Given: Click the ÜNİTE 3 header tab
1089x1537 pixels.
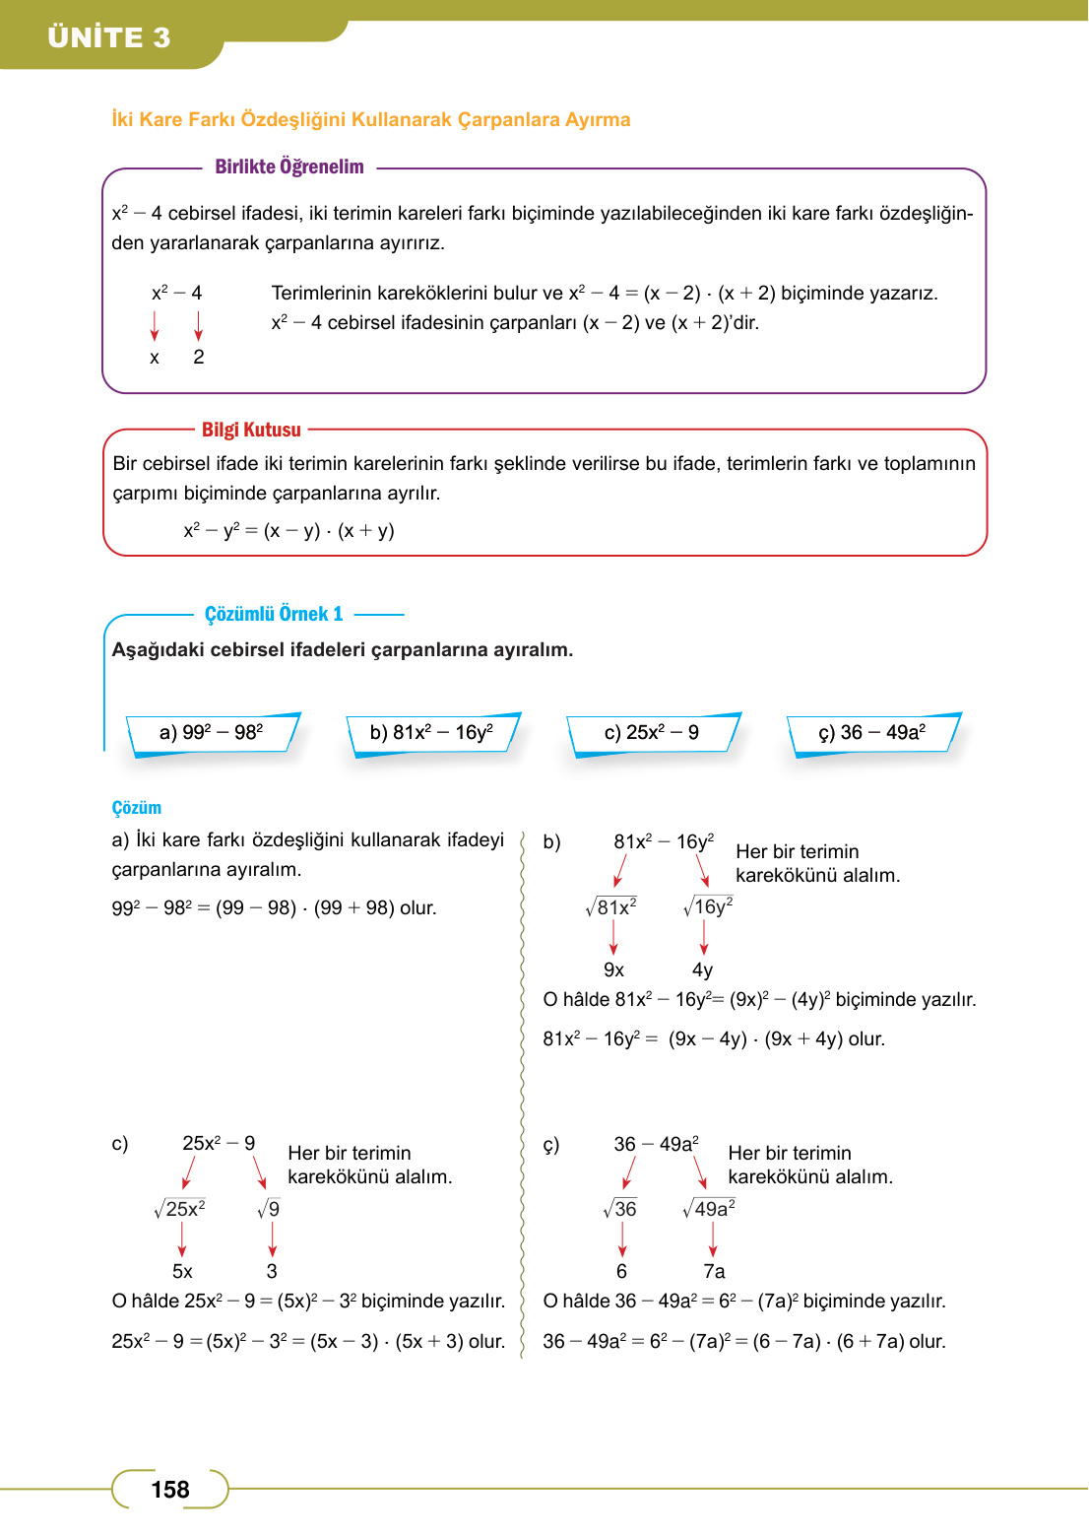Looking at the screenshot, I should point(109,37).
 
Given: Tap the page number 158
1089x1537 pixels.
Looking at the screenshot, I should point(169,1489).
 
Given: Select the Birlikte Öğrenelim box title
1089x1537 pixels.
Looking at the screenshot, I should point(288,167).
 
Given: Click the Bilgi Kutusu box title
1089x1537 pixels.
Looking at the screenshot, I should point(251,430).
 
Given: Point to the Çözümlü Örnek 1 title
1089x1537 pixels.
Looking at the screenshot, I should point(274,614).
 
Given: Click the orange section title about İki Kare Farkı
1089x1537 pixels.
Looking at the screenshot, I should point(370,119).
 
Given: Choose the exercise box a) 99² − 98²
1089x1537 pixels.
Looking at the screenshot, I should point(212,732).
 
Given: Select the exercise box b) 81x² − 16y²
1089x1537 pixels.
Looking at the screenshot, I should point(432,732).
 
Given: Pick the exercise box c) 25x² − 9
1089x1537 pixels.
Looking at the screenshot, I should point(652,732).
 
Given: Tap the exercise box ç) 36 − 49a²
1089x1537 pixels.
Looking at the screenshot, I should point(872,732).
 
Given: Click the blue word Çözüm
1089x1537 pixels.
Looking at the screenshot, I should point(136,808).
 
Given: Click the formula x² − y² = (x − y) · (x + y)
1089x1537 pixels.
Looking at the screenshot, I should point(288,530).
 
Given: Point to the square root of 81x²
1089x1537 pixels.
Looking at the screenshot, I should point(611,906).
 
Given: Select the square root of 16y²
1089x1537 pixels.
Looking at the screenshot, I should point(709,906).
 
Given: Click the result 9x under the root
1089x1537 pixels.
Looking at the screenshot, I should point(613,969).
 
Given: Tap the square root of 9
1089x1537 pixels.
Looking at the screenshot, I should point(269,1208).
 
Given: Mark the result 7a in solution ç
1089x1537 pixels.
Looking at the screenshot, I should point(714,1271).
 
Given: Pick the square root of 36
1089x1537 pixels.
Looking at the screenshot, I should point(620,1208).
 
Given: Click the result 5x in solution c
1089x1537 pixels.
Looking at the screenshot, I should point(182,1271).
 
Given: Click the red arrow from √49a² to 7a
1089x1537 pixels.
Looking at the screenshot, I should point(713,1238).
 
